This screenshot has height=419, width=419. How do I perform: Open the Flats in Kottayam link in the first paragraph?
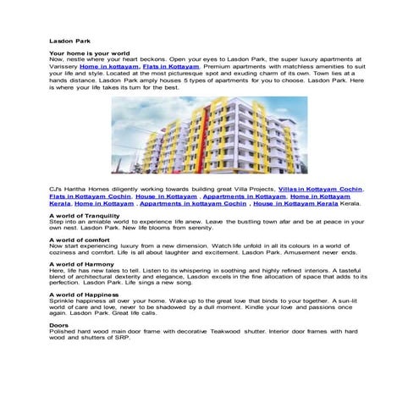pos(171,66)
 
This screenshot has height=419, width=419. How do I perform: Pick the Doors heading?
pos(59,325)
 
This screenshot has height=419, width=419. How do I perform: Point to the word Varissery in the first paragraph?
pos(63,66)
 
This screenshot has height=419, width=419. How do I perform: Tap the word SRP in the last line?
pos(131,339)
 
